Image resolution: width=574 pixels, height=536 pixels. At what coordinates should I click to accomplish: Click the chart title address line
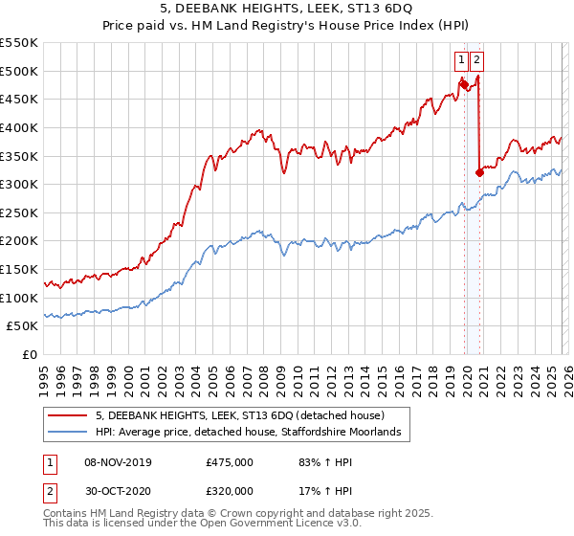(287, 9)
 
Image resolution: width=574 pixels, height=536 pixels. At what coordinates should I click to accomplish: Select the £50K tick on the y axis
(23, 326)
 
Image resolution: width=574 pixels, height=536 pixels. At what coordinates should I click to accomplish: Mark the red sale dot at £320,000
(479, 173)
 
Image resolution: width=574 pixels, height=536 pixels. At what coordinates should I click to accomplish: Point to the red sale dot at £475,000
(464, 84)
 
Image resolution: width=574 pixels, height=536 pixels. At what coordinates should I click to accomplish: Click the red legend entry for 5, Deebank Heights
(239, 416)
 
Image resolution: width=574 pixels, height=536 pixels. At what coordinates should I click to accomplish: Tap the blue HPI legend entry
(253, 434)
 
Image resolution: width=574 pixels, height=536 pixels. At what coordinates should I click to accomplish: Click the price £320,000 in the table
(230, 491)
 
